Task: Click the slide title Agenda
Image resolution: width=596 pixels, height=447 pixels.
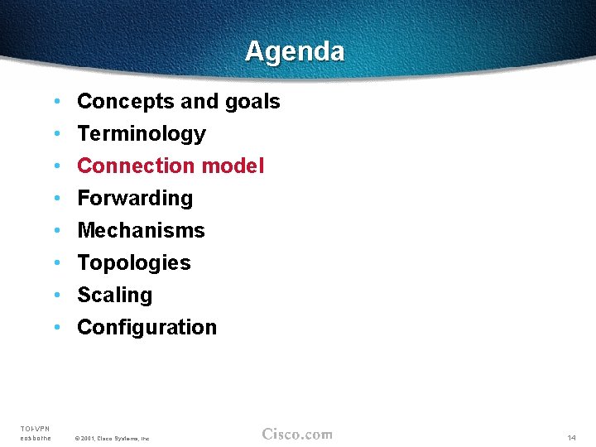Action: click(x=295, y=51)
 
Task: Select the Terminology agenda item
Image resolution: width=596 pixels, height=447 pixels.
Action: click(x=141, y=134)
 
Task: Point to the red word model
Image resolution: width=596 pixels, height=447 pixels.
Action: click(x=233, y=166)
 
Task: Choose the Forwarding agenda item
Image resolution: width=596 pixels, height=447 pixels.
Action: click(x=135, y=199)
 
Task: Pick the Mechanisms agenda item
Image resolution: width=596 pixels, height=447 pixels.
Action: click(x=141, y=231)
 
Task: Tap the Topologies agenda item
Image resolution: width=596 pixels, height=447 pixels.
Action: click(x=134, y=263)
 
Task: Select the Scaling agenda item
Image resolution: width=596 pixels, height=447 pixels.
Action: click(x=115, y=296)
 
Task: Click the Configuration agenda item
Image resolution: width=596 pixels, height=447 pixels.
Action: click(x=147, y=328)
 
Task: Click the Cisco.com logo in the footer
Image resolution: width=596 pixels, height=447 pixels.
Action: click(x=297, y=434)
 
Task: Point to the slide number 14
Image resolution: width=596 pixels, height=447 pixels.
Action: click(x=571, y=437)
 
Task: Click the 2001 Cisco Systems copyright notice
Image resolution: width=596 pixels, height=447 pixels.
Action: click(x=112, y=438)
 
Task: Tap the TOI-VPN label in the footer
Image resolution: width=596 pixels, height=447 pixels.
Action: click(x=36, y=428)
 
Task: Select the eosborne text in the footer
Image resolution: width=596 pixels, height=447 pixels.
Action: click(x=36, y=438)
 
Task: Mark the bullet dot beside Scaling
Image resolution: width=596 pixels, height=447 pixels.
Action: click(x=56, y=296)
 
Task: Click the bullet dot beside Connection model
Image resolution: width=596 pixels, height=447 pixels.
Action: click(x=56, y=166)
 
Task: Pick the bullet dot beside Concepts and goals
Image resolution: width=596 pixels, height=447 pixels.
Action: click(x=56, y=102)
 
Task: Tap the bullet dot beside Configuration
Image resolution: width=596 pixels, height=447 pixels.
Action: click(x=56, y=328)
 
